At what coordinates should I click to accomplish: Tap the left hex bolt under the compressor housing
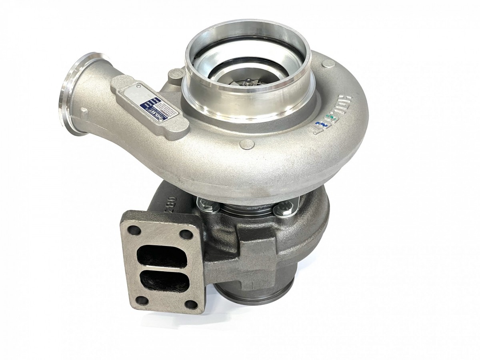tap(209, 206)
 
